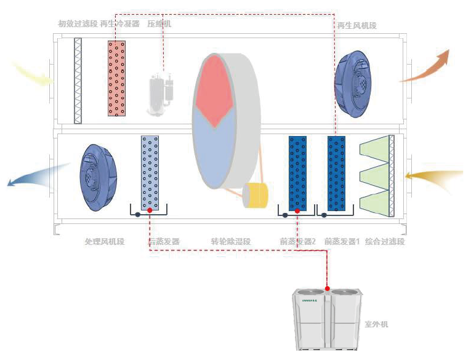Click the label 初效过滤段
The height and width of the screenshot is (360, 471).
click(x=78, y=24)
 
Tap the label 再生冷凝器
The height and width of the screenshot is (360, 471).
click(x=119, y=24)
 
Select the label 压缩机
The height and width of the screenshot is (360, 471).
click(x=159, y=24)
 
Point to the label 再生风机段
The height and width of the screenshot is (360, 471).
click(x=356, y=26)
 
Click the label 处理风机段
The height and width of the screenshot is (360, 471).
click(x=104, y=242)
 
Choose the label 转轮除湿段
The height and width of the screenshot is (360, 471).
click(x=231, y=242)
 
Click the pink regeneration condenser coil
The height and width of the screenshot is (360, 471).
click(x=117, y=78)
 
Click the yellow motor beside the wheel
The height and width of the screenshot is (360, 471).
click(x=256, y=195)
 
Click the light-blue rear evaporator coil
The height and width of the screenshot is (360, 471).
click(x=150, y=173)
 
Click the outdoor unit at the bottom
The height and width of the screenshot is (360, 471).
click(x=326, y=320)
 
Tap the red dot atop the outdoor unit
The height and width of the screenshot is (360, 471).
click(x=328, y=288)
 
